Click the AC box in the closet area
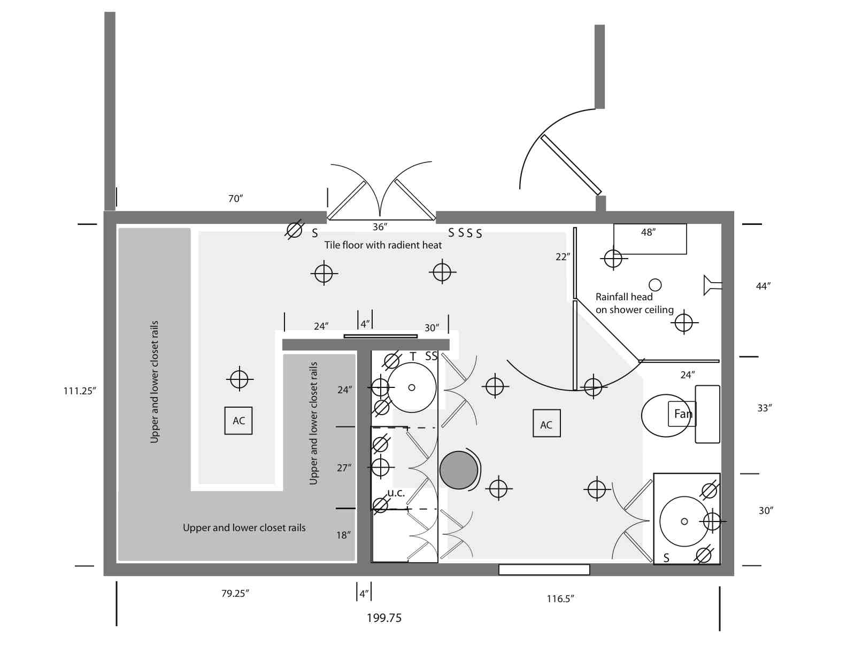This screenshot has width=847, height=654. click(238, 421)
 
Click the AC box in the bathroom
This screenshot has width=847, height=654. click(546, 424)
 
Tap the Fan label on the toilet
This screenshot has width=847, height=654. click(682, 414)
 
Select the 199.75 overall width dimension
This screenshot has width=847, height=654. click(384, 618)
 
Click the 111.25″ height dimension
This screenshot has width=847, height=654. click(80, 391)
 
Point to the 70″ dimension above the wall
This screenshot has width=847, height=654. click(235, 199)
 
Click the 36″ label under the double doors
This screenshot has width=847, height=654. click(380, 227)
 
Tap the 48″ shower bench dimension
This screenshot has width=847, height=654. click(648, 232)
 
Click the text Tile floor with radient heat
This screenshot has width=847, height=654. click(383, 245)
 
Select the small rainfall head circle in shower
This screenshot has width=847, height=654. click(655, 285)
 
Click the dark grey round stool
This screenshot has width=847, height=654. click(458, 470)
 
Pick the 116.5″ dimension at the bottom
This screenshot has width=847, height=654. click(560, 599)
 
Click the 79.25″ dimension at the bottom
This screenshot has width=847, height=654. click(235, 594)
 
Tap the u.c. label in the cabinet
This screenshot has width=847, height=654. click(396, 493)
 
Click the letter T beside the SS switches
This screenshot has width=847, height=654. click(413, 356)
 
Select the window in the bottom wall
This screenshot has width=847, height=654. click(544, 570)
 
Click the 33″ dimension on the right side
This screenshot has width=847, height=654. click(765, 408)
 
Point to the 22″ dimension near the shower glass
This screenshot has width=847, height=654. click(563, 257)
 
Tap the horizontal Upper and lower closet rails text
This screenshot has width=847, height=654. click(244, 528)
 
